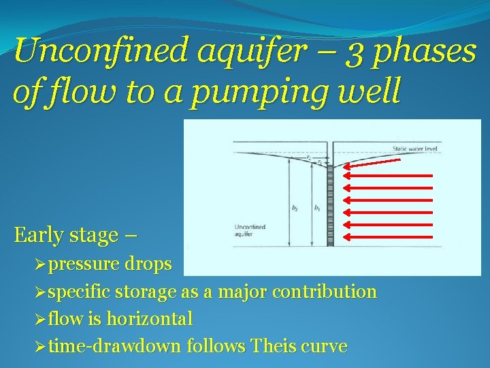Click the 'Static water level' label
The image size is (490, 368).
coord(414,149)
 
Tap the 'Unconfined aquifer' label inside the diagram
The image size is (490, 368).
coord(250,231)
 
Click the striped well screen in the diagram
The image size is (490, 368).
coord(330,204)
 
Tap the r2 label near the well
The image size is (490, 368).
coord(309,157)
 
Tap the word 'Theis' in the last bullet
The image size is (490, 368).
coord(274,346)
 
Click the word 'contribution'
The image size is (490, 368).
coord(324,292)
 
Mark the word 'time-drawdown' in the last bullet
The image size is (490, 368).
coord(115,346)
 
